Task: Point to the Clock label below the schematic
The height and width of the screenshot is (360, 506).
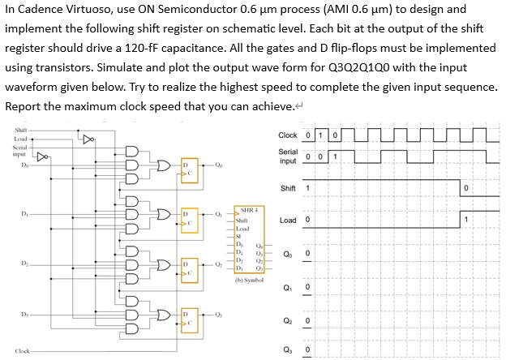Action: pos(23,351)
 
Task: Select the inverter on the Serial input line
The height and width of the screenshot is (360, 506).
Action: pos(42,152)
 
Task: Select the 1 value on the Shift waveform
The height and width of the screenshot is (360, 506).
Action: pos(307,188)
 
